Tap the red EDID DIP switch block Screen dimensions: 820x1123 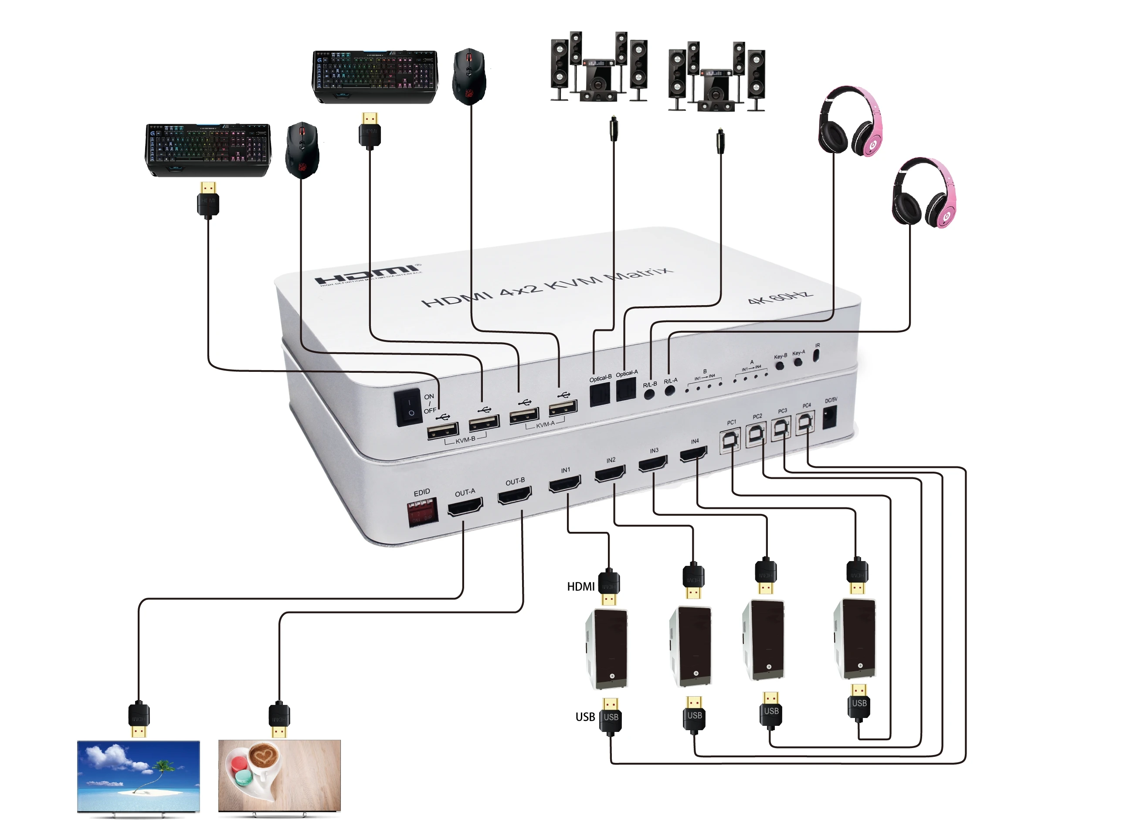(x=421, y=513)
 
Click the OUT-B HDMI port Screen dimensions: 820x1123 (x=515, y=495)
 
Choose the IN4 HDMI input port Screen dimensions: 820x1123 (x=693, y=454)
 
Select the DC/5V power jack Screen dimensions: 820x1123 (x=830, y=417)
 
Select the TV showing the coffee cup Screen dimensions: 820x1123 (x=279, y=776)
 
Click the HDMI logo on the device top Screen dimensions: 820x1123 (x=367, y=275)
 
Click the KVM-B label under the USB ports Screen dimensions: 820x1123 (x=465, y=440)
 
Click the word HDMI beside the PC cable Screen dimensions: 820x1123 (x=580, y=587)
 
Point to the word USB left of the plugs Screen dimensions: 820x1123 (x=585, y=717)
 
